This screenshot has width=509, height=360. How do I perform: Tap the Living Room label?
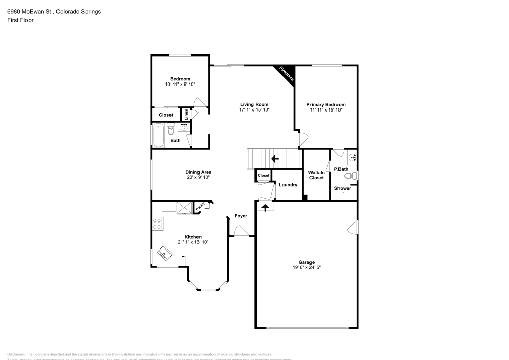click(x=254, y=104)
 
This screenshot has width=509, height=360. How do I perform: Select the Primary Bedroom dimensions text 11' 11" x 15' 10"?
click(x=326, y=109)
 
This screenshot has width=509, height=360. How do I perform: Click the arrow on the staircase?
click(x=275, y=159)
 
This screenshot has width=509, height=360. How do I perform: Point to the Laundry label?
click(x=288, y=185)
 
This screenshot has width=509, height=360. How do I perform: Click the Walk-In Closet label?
click(x=316, y=175)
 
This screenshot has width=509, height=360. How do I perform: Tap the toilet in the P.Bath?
click(x=350, y=176)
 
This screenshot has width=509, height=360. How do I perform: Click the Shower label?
click(x=342, y=188)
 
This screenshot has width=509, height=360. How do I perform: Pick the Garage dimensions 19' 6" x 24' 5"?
click(x=306, y=267)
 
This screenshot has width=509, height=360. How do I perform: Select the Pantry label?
click(x=200, y=206)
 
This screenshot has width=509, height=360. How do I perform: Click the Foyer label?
click(x=241, y=216)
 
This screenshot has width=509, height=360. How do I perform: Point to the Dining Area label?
click(x=199, y=172)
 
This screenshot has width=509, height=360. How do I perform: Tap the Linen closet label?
click(x=187, y=115)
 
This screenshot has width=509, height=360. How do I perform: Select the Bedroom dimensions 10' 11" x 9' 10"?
click(x=180, y=84)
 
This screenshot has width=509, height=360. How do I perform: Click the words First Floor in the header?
click(x=20, y=20)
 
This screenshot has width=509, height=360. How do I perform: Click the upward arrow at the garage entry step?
click(x=265, y=207)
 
